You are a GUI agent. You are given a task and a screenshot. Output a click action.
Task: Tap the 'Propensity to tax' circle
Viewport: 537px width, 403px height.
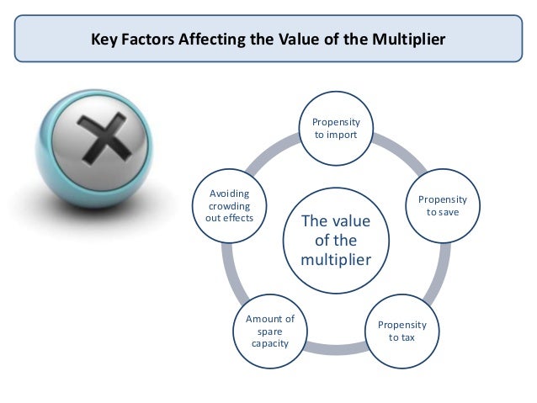[401, 331]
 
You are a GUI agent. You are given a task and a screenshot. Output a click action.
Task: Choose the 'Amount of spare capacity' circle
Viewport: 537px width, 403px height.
[269, 331]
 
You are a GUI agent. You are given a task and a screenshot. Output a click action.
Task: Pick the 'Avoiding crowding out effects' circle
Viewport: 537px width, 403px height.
[229, 206]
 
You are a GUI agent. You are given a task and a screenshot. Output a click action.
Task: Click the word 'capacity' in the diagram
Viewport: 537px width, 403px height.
[269, 344]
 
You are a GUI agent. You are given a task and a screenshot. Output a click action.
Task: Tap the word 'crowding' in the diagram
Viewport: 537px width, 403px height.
[229, 206]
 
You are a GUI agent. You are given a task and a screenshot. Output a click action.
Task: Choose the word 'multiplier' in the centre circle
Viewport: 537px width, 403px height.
[335, 260]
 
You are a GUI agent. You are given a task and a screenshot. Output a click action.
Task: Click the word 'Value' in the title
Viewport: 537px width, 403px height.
[321, 40]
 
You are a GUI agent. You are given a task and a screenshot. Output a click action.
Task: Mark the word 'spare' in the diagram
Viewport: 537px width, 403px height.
[269, 331]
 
